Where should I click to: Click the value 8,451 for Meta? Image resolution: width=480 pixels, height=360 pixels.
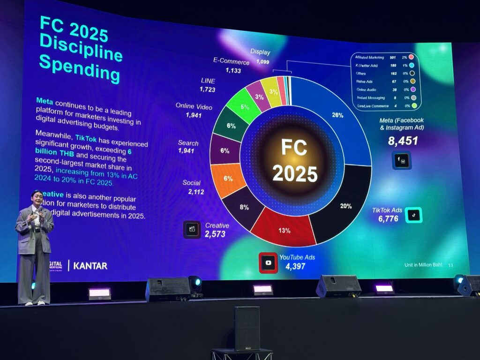tap(403, 140)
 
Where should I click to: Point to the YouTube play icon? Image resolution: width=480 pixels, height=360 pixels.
tap(268, 263)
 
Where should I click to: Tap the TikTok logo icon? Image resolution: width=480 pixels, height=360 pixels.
tap(413, 215)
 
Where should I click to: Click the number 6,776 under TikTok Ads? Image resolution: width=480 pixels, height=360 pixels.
tap(389, 218)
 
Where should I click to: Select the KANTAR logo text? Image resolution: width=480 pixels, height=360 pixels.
tap(91, 266)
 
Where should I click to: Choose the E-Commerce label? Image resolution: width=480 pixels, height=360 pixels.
tap(231, 62)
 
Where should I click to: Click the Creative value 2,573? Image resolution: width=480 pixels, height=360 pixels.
tap(215, 234)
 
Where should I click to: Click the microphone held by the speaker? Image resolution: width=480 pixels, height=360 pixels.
tap(40, 211)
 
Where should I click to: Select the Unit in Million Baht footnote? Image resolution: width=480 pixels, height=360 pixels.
tap(423, 265)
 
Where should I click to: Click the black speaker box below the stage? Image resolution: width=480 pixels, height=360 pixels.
tap(247, 328)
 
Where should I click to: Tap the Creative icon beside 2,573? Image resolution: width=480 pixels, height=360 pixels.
tap(192, 230)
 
